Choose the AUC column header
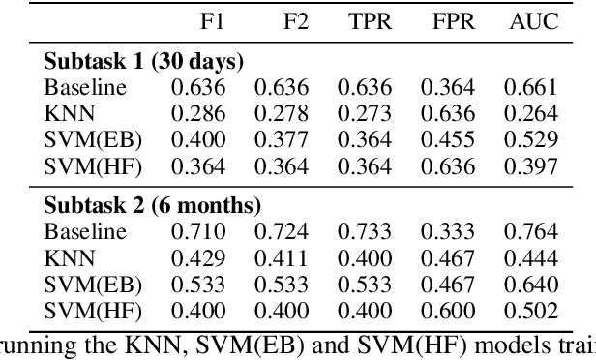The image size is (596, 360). (x=533, y=21)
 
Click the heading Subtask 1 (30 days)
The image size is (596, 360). (x=143, y=61)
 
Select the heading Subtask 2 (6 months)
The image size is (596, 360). (x=153, y=206)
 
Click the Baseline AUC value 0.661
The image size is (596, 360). (x=533, y=87)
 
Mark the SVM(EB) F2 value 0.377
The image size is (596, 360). (x=280, y=140)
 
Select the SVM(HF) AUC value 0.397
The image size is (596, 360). (x=533, y=166)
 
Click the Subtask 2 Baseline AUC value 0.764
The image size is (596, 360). (x=533, y=232)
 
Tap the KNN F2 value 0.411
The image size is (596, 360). (x=280, y=258)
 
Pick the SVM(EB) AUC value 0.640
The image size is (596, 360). (x=533, y=285)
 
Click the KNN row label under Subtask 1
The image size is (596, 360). (x=66, y=113)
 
